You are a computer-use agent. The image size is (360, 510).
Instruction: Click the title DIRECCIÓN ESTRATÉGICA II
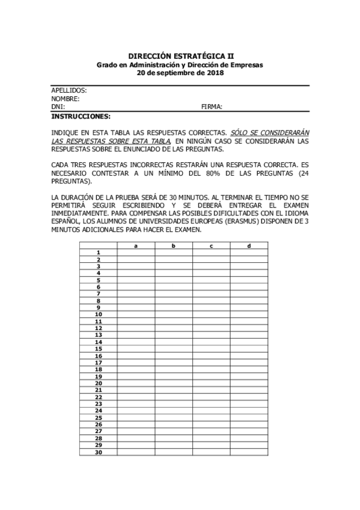[x=180, y=55]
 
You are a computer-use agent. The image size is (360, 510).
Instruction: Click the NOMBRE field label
[x=66, y=99]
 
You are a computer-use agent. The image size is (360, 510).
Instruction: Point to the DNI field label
[x=58, y=106]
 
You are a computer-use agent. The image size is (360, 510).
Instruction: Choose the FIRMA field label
[x=212, y=106]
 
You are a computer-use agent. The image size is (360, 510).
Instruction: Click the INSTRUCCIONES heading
[x=81, y=115]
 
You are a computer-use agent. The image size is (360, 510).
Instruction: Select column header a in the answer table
[x=136, y=245]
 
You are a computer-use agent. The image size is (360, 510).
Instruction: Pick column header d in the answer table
[x=248, y=245]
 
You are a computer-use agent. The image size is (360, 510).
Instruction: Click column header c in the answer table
[x=211, y=245]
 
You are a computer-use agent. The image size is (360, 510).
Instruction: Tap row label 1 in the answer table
[x=98, y=253]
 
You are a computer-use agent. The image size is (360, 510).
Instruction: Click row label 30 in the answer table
[x=98, y=452]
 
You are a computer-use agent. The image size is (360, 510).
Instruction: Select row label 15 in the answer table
[x=98, y=349]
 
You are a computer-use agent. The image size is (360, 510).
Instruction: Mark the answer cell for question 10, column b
[x=173, y=315]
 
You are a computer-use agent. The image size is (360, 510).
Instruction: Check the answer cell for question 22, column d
[x=248, y=397]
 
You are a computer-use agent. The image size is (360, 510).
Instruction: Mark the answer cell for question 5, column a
[x=136, y=280]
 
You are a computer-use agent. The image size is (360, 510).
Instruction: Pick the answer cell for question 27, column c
[x=211, y=431]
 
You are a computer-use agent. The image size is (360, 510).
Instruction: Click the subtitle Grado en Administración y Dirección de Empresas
[x=180, y=64]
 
